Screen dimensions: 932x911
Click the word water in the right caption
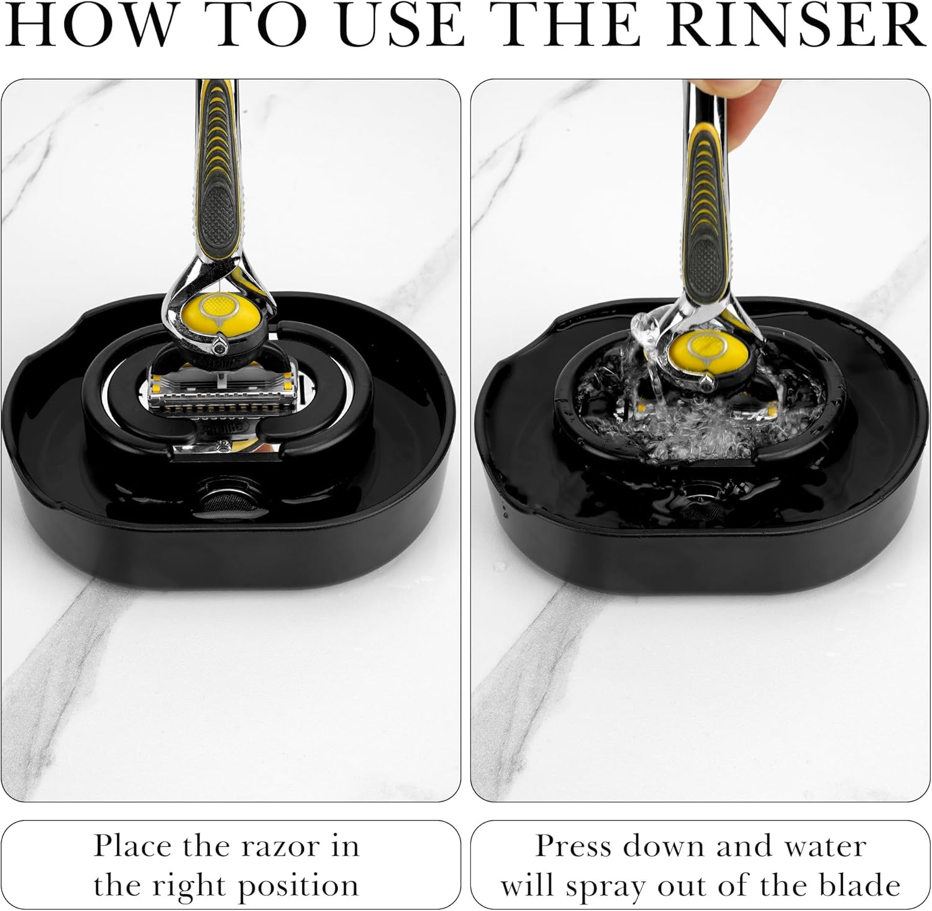(x=824, y=846)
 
